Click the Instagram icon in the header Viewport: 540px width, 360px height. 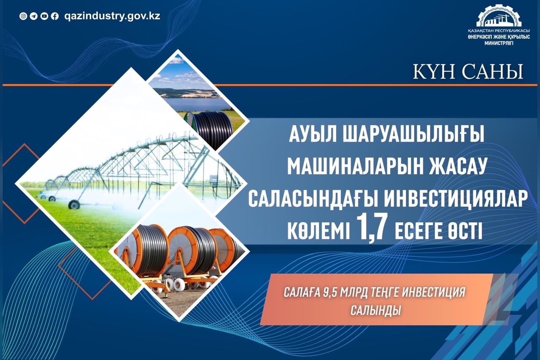[x=24, y=16]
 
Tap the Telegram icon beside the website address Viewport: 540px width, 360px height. [x=34, y=16]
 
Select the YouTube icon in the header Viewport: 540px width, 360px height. [x=44, y=16]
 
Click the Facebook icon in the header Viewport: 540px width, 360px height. [x=54, y=16]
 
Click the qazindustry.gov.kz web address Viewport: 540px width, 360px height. [x=112, y=16]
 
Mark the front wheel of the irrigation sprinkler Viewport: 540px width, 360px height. [x=74, y=204]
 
